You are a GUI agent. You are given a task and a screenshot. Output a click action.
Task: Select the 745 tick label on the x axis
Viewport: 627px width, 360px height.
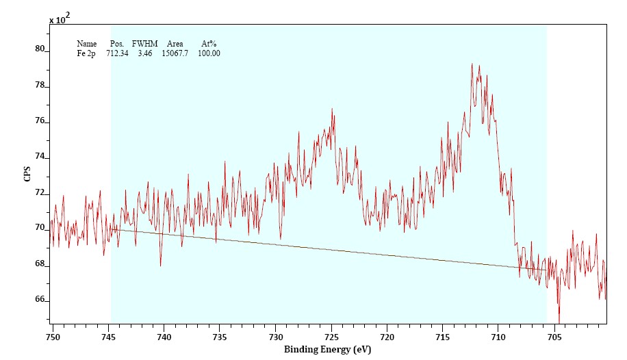tap(108, 337)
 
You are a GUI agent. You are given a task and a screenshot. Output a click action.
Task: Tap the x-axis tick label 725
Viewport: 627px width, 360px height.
tap(331, 337)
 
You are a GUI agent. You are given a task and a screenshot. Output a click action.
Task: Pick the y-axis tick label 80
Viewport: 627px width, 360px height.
tap(40, 49)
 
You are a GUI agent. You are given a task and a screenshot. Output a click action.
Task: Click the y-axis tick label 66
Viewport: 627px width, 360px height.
tap(40, 300)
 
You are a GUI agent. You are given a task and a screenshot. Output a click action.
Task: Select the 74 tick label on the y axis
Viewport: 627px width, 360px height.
tap(40, 157)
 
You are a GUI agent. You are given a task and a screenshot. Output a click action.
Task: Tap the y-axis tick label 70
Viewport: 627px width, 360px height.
tap(40, 228)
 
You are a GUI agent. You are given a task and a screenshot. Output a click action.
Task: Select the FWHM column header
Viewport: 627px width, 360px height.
tap(144, 44)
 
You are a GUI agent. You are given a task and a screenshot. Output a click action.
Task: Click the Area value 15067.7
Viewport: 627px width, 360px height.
tap(175, 53)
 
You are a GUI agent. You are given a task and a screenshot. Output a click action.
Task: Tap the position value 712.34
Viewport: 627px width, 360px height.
tap(117, 53)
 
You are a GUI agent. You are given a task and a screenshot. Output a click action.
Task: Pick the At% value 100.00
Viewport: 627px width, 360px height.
tap(209, 53)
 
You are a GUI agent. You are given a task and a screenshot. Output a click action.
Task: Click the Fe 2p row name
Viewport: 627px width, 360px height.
tap(86, 53)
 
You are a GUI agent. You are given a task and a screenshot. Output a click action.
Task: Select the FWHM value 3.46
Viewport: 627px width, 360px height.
tap(144, 53)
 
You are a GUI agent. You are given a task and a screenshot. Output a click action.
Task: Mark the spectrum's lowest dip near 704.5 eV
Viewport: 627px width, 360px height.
tap(559, 320)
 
